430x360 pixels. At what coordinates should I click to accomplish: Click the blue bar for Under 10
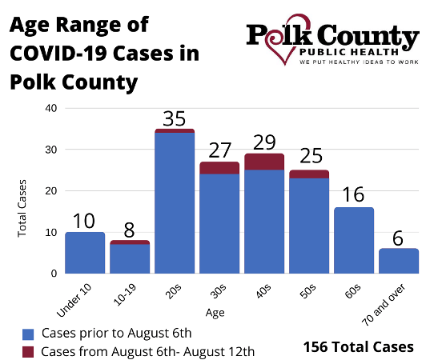pos(85,253)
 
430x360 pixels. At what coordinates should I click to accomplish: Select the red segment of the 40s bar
pos(264,162)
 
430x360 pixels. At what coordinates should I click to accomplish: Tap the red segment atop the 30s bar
pos(219,168)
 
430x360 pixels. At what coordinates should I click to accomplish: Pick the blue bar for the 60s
pos(354,240)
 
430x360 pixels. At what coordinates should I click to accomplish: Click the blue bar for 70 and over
pos(399,261)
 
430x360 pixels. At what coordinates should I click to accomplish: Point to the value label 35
pos(174,119)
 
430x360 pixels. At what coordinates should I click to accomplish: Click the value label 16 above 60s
pos(353,194)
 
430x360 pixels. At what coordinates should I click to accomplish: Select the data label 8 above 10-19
pos(129,230)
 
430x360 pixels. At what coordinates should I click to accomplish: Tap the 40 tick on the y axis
pos(51,108)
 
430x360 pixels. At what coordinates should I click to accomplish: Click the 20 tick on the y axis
pos(51,191)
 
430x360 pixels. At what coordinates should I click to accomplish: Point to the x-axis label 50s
pos(307,291)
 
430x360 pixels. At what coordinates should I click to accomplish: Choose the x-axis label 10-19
pos(124,294)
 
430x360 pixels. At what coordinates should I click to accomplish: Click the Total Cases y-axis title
pos(22,208)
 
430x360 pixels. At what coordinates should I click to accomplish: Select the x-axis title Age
pos(215,313)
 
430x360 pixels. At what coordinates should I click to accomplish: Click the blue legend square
pos(28,334)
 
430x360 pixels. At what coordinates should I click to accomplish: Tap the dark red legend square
pos(28,352)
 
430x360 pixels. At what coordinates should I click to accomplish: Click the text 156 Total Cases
pos(359,347)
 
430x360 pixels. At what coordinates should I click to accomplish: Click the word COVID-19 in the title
pos(58,53)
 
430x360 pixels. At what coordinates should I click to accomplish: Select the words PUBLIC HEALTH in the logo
pos(349,52)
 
